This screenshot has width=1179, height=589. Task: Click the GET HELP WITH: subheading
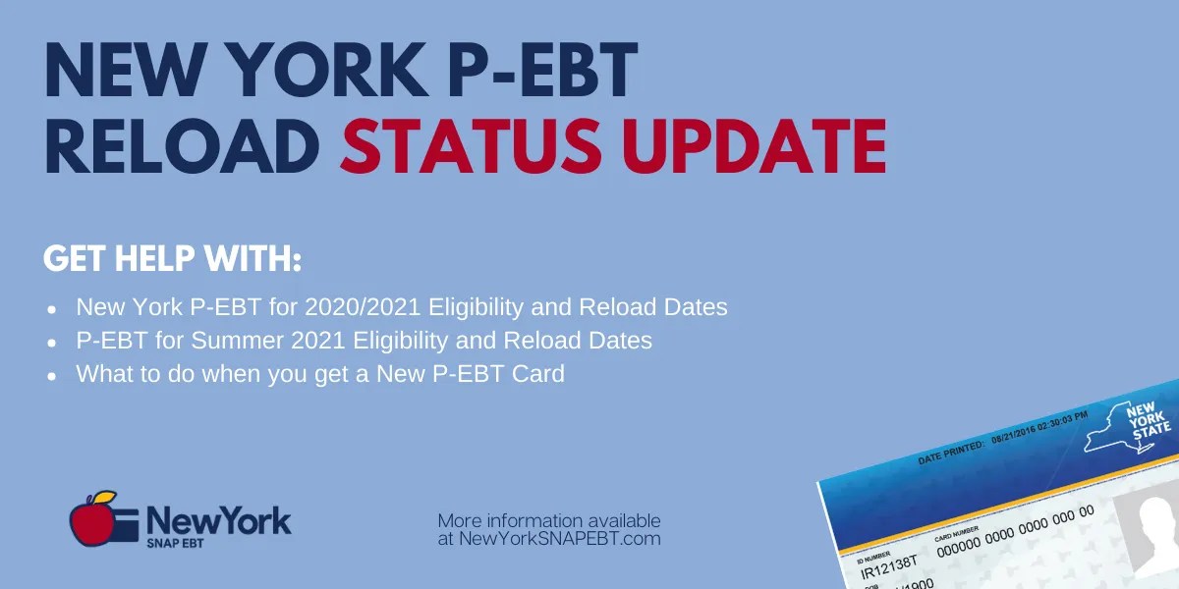pos(172,261)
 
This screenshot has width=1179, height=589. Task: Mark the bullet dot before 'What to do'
pos(51,376)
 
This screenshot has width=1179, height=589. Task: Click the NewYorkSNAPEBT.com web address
pos(549,539)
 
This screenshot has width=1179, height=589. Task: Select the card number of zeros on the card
pos(1013,530)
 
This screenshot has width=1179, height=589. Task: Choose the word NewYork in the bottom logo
pos(218,519)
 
